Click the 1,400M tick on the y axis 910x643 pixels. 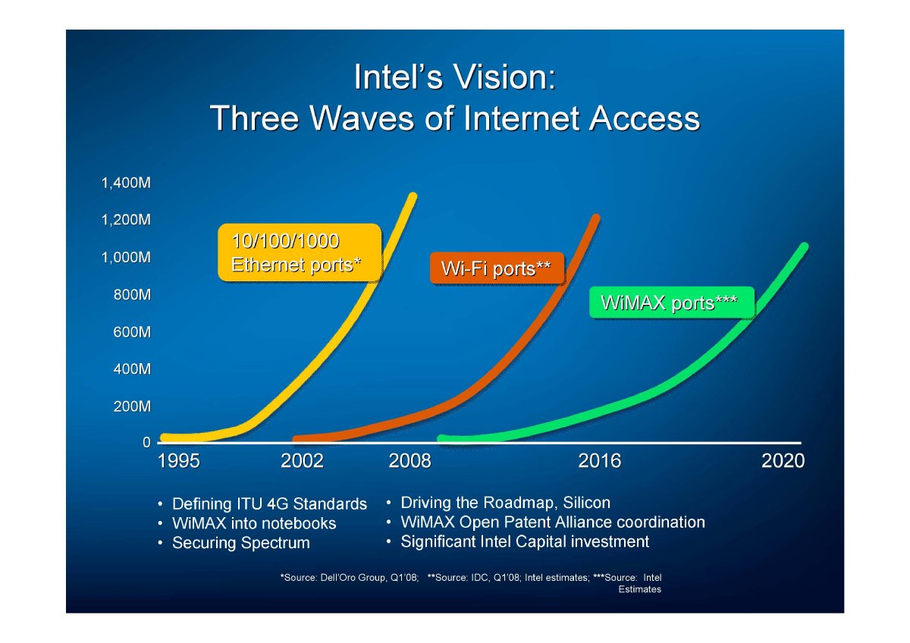tap(126, 183)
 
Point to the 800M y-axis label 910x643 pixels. tap(132, 294)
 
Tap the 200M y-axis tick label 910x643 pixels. tap(132, 406)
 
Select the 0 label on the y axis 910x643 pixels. tap(146, 442)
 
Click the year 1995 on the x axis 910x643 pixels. tap(179, 461)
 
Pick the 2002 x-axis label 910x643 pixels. tap(302, 461)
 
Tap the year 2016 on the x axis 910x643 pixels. tap(599, 461)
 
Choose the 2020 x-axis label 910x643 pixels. tap(783, 461)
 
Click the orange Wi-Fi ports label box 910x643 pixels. tap(497, 268)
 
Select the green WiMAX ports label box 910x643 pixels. tap(672, 303)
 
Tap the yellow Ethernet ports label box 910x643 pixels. tap(300, 252)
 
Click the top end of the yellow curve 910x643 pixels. tap(413, 196)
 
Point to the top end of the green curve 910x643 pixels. tap(805, 246)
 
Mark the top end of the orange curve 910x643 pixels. tap(596, 218)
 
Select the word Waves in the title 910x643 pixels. tap(362, 118)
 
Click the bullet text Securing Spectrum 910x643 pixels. tap(241, 543)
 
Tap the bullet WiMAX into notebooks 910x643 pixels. tap(254, 524)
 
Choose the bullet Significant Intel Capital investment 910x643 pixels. tap(525, 542)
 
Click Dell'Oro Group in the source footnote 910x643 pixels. tap(353, 578)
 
